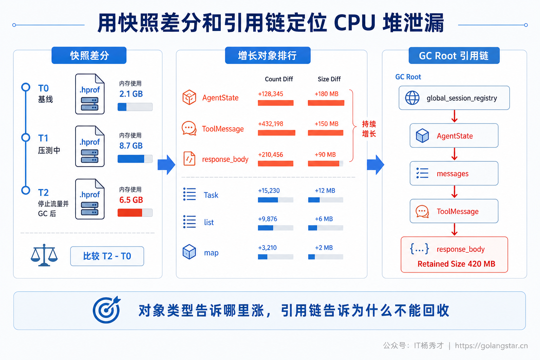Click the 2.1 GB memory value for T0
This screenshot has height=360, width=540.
pos(131,94)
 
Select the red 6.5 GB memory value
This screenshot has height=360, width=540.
pos(131,200)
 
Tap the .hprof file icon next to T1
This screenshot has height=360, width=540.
pos(90,146)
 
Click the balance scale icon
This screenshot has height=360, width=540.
pos(44,255)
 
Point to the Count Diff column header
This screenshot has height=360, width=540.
pos(279,79)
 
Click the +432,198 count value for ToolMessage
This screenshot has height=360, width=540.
pos(270,124)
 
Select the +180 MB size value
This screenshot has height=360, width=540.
pos(326,94)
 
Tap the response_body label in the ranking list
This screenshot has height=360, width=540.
pos(225,159)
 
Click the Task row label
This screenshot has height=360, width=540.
pos(211,195)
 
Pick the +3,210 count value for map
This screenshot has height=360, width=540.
pos(267,247)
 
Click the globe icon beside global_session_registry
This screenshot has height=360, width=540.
pos(412,98)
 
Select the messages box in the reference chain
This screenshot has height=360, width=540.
pos(454,173)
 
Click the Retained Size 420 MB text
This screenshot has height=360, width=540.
pos(456,264)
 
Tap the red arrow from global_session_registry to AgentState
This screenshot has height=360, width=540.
pos(455,116)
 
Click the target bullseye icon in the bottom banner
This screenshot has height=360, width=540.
pos(107,310)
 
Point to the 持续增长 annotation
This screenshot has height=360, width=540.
pos(369,129)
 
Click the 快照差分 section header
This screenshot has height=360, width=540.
pos(89,56)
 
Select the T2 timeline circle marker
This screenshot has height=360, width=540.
pos(26,190)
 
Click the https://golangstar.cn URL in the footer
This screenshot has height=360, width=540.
pos(491,346)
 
